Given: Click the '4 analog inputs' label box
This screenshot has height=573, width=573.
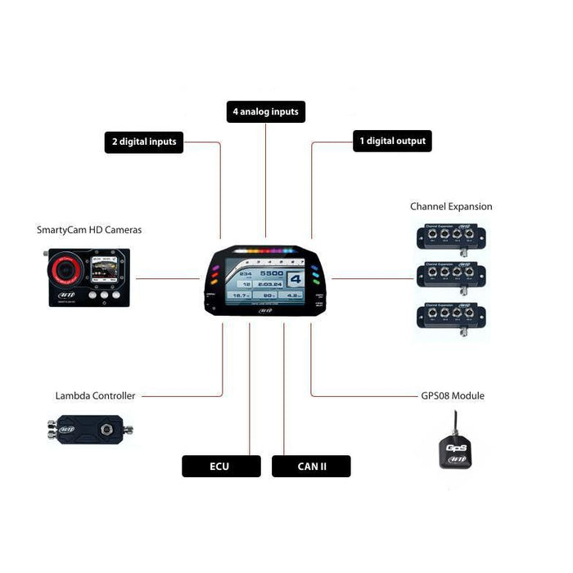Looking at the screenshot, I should [x=265, y=111].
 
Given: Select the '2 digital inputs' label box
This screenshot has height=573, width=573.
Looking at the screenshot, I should [x=144, y=142].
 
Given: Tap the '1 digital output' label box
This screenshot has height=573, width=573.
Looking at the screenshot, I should [x=392, y=141].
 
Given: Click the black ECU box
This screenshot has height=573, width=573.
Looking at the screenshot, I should [x=220, y=467].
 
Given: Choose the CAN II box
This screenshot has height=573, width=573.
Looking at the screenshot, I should [x=311, y=467].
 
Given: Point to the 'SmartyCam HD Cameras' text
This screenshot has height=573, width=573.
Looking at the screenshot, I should [x=89, y=230].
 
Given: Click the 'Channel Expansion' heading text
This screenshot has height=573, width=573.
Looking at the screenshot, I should [x=451, y=207].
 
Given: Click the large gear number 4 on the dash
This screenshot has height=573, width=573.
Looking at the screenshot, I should [x=294, y=279].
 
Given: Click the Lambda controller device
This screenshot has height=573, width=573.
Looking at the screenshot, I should [x=88, y=428].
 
